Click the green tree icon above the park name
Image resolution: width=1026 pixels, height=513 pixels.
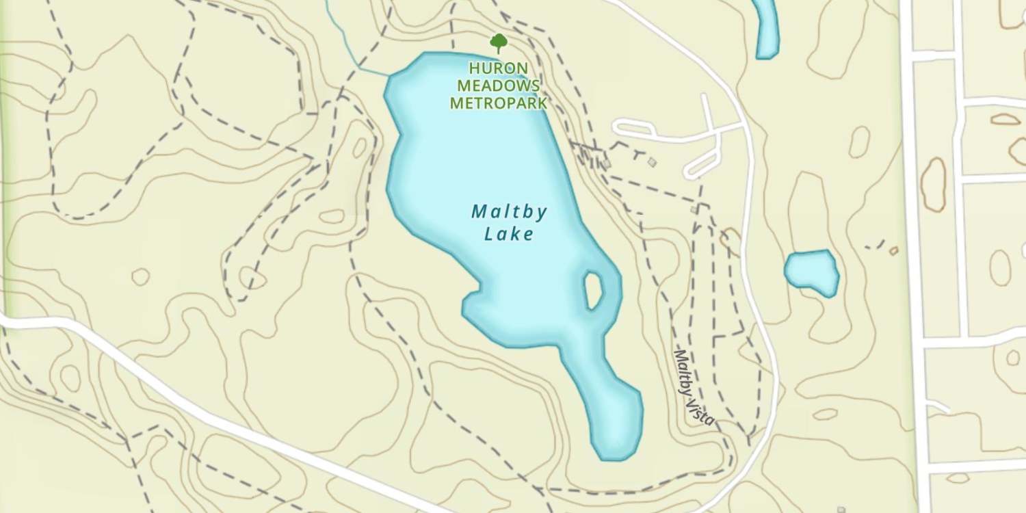[499, 43]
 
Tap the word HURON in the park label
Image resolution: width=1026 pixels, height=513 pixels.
[499, 68]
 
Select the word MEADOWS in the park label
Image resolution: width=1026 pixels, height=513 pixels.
[499, 86]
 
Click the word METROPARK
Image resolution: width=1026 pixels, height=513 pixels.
[499, 104]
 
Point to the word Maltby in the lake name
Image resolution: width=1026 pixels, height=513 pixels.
[510, 212]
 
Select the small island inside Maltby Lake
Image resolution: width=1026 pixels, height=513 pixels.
[593, 289]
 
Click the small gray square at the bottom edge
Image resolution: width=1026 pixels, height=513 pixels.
[841, 510]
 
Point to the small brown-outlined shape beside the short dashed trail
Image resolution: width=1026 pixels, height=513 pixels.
[893, 251]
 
